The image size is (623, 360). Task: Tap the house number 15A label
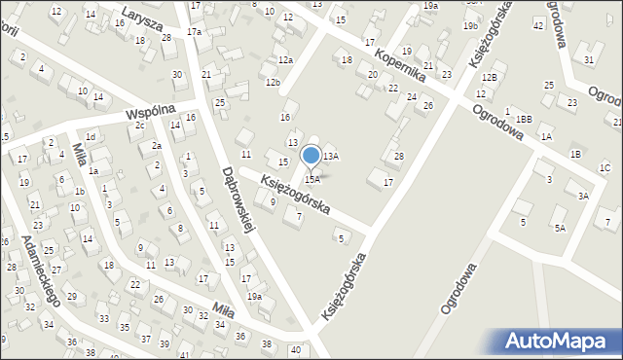pos(311,179)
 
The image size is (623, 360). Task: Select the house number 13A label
pos(331,156)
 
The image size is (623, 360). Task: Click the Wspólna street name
pos(148,114)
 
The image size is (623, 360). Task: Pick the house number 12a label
pos(285,60)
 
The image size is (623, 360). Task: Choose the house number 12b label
pos(273,83)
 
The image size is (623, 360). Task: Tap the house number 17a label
pos(194,32)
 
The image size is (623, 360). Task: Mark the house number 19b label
pos(470,26)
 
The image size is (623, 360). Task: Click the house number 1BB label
pos(525,119)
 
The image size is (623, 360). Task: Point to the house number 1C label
pos(605,168)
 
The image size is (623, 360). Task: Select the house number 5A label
pos(560,228)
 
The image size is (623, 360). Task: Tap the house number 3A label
pos(583,196)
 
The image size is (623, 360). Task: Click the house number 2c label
pos(140,126)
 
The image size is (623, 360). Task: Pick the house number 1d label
pos(90,137)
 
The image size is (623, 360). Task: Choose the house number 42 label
pos(538,23)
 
